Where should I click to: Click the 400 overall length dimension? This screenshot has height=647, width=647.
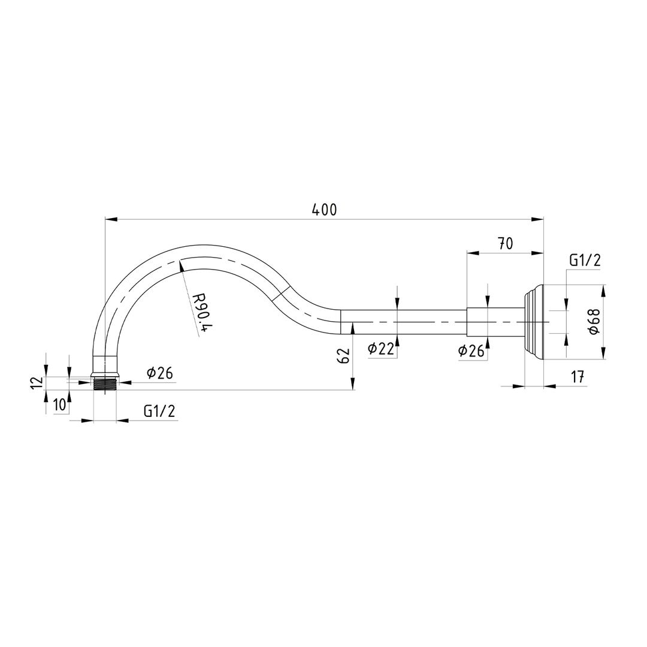pyautogui.click(x=325, y=210)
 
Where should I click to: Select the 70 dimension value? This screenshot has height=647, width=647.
pyautogui.click(x=505, y=243)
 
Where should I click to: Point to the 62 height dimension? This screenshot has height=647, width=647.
pyautogui.click(x=343, y=356)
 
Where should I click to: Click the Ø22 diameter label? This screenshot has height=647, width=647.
pyautogui.click(x=381, y=349)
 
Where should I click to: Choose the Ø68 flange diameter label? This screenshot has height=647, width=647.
pyautogui.click(x=593, y=322)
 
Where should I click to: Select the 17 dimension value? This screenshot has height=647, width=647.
pyautogui.click(x=578, y=377)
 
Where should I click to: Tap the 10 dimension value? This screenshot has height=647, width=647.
pyautogui.click(x=59, y=405)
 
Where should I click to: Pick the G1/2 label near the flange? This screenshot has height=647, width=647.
pyautogui.click(x=585, y=260)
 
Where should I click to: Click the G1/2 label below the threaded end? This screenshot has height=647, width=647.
pyautogui.click(x=159, y=411)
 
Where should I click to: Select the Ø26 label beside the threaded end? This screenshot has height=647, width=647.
pyautogui.click(x=160, y=373)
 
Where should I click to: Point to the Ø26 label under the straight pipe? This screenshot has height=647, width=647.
pyautogui.click(x=471, y=351)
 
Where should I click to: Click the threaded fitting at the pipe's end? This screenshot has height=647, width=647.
pyautogui.click(x=105, y=383)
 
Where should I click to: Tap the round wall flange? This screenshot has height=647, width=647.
pyautogui.click(x=534, y=322)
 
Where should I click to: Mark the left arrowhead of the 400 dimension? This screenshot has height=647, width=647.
pyautogui.click(x=110, y=219)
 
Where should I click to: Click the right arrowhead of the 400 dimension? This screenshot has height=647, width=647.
pyautogui.click(x=538, y=219)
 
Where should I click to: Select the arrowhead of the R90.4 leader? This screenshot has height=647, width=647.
pyautogui.click(x=180, y=265)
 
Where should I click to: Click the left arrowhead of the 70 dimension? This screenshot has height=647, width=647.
pyautogui.click(x=473, y=253)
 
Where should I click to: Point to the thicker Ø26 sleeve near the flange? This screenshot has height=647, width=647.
pyautogui.click(x=495, y=322)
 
